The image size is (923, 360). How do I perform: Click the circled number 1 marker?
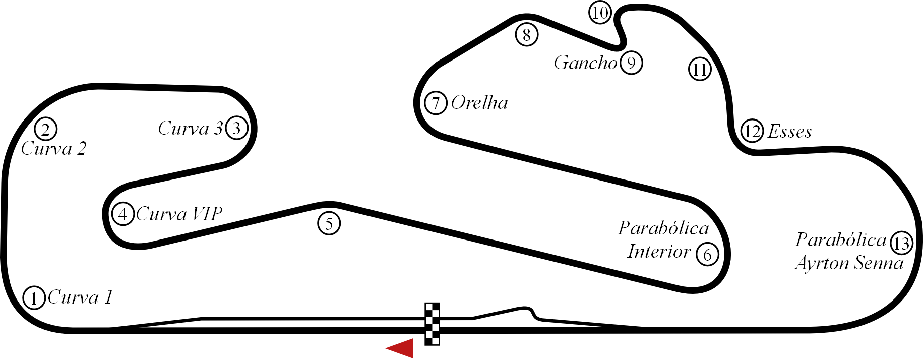(34, 298)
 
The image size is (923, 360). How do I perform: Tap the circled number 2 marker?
(46, 129)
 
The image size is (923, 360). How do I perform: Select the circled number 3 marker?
(237, 128)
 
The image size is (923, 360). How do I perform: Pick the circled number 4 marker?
(123, 214)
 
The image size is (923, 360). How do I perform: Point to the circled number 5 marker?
(329, 223)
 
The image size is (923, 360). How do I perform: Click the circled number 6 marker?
(707, 255)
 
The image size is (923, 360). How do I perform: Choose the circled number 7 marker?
(436, 103)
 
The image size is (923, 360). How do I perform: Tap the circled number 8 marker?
(527, 35)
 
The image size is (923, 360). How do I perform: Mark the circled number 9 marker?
(632, 63)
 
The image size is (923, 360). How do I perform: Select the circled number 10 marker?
(600, 13)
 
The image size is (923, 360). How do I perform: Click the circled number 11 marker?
(700, 69)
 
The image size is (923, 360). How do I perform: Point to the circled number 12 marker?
(752, 132)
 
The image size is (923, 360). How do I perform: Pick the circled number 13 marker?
(901, 244)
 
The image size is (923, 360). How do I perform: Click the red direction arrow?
(401, 348)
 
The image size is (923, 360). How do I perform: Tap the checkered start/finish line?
(432, 324)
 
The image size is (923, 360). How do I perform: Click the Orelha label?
(479, 103)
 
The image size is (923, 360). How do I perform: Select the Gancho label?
(585, 63)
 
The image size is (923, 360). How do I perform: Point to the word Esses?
(789, 132)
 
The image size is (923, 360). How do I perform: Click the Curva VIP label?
(179, 214)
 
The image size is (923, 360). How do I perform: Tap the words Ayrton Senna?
(849, 264)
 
